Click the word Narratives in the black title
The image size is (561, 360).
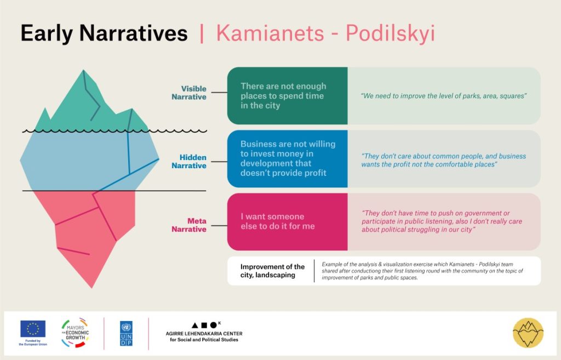(134, 33)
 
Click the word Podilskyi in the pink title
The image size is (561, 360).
(390, 34)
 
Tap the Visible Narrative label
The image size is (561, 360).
(189, 93)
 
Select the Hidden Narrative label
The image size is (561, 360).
(189, 162)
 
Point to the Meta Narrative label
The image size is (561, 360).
(189, 225)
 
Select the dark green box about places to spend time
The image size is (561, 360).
(287, 96)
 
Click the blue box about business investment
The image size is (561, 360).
(287, 159)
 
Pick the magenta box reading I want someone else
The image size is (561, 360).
(287, 222)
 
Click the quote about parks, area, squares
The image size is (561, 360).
(444, 96)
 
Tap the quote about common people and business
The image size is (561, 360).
(444, 161)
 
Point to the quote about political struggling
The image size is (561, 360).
(442, 221)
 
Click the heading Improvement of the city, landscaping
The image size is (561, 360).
(273, 271)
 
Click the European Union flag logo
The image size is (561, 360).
(33, 329)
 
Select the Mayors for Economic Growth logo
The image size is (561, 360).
(75, 333)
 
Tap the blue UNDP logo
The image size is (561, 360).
(126, 334)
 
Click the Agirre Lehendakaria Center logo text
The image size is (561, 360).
(204, 336)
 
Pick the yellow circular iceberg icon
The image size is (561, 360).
(528, 333)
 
